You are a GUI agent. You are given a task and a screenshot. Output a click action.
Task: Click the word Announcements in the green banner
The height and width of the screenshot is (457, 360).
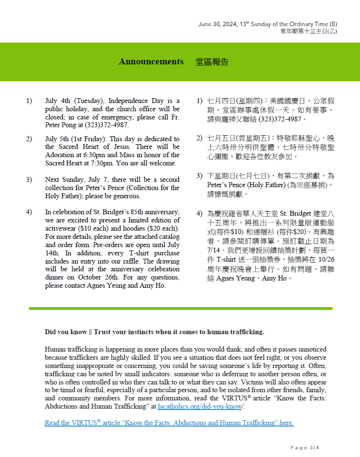point(151,61)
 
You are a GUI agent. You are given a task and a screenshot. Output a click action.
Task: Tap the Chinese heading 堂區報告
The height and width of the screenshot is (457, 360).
point(212,62)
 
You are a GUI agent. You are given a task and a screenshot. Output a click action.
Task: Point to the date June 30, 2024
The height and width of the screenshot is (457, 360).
point(217,24)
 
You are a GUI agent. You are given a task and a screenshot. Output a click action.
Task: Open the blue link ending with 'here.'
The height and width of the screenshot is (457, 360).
point(169,423)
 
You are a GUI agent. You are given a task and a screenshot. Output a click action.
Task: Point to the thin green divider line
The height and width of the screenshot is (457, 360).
point(180,309)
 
